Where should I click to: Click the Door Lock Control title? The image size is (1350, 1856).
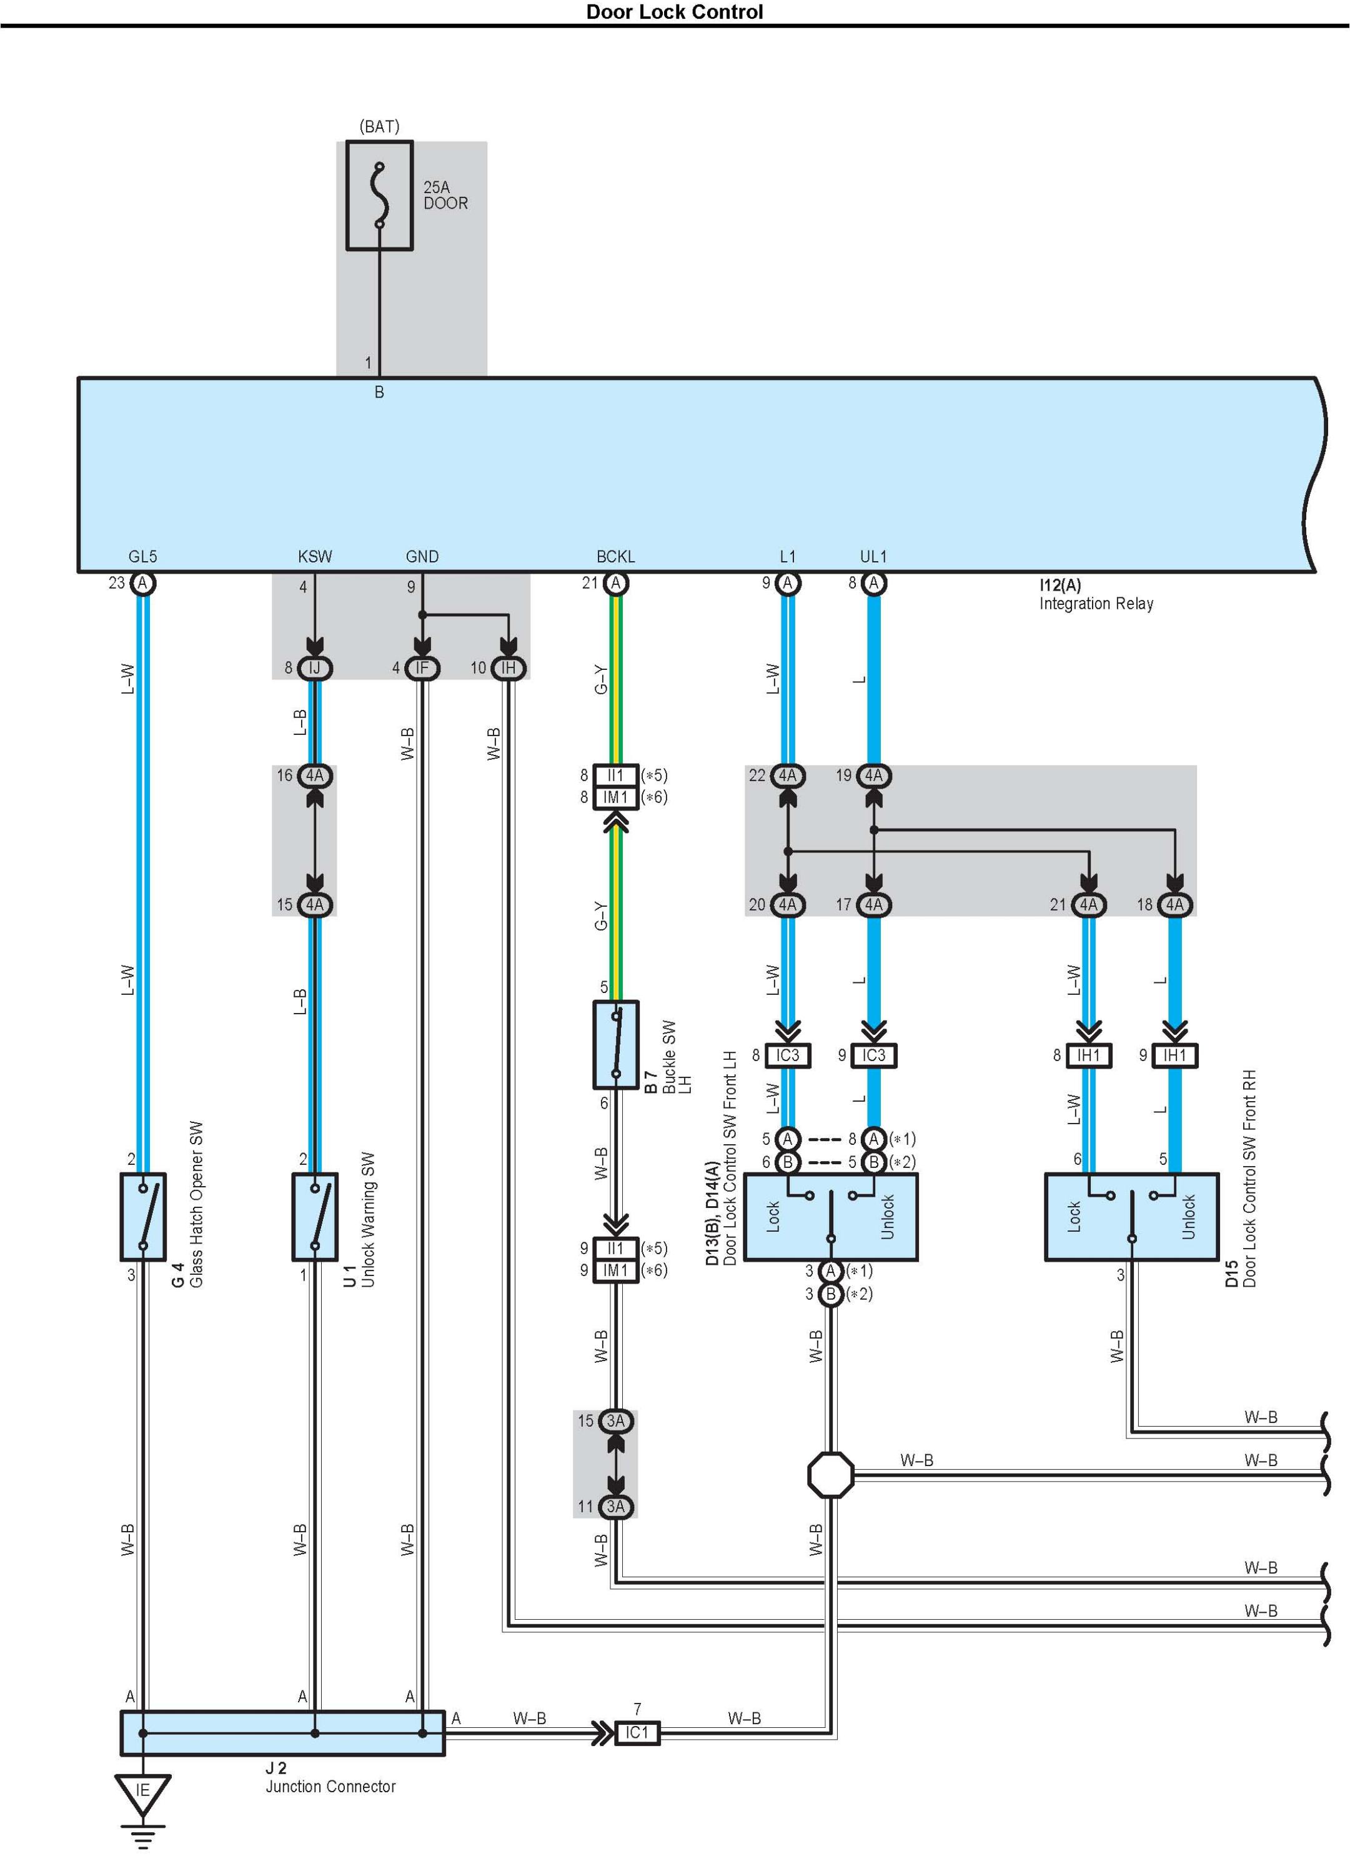[x=674, y=12]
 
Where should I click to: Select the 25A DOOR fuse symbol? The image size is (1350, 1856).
[x=379, y=196]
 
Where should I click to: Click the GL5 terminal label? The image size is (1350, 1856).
[x=142, y=556]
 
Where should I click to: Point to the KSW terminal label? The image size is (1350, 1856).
[x=315, y=556]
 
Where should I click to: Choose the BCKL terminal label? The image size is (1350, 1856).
[x=615, y=556]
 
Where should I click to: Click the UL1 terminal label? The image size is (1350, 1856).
[x=873, y=556]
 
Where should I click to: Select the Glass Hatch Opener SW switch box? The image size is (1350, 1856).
[x=143, y=1217]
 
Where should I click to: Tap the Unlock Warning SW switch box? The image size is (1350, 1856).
[x=315, y=1217]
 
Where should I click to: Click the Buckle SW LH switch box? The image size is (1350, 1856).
[x=615, y=1044]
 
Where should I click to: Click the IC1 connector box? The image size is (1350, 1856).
[x=637, y=1732]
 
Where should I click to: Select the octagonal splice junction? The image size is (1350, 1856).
[x=830, y=1475]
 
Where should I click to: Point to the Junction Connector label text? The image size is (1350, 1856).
[x=330, y=1787]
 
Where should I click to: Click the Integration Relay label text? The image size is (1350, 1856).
[x=1096, y=604]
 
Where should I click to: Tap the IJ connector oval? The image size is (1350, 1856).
[x=314, y=668]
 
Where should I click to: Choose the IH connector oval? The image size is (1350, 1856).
[x=508, y=668]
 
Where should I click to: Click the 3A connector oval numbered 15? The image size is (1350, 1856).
[x=615, y=1420]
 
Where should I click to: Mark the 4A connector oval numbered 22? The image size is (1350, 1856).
[x=787, y=775]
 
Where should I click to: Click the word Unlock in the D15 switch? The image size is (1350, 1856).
[x=1189, y=1217]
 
